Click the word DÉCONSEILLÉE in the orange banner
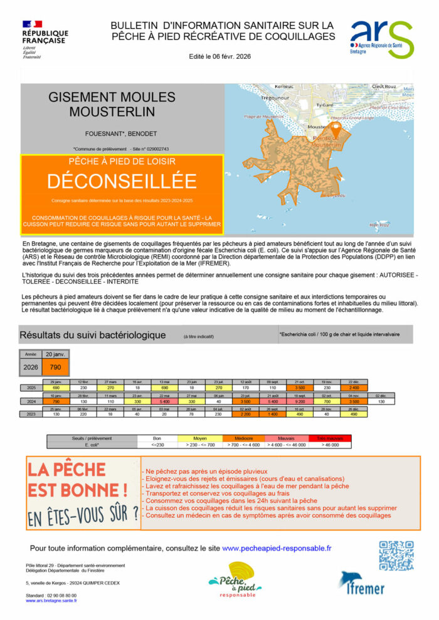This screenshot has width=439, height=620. pos(122,181)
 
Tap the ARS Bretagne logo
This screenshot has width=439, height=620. pos(381,39)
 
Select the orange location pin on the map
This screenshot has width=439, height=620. pos(335,130)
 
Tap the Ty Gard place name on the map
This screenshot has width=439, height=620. pos(325,105)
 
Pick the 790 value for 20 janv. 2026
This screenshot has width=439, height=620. pos(55,368)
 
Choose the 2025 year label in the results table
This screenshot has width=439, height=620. pos(30,387)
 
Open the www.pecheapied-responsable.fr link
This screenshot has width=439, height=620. pos(277,548)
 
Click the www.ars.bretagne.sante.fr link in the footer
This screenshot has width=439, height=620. pos(51,601)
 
